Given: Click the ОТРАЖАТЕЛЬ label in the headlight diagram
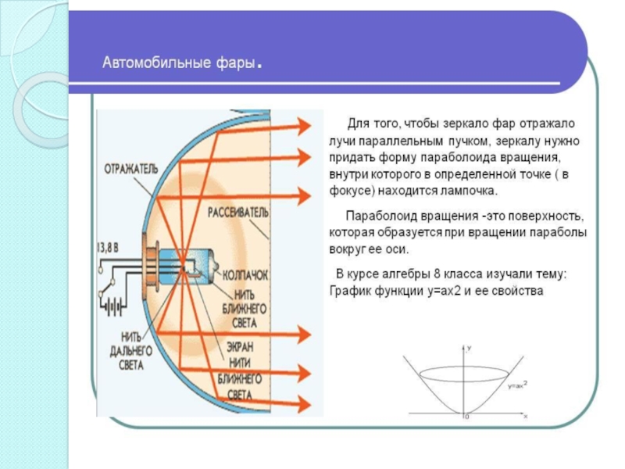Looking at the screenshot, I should (x=130, y=167).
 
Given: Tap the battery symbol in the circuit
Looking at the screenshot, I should (x=114, y=305).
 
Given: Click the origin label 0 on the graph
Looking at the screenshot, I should (x=466, y=417).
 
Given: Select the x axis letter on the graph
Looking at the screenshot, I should (x=526, y=417).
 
